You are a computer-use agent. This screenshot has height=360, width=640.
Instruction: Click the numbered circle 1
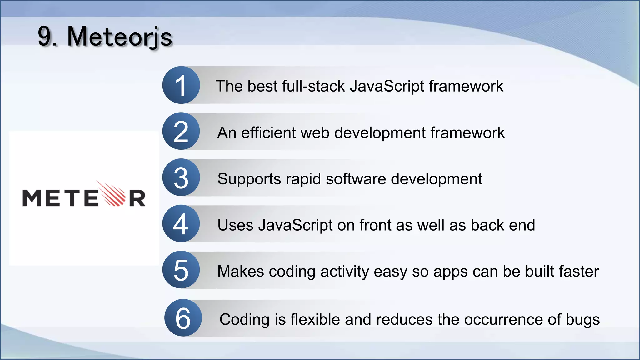pyautogui.click(x=181, y=85)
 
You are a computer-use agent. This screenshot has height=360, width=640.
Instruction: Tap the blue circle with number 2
pyautogui.click(x=181, y=131)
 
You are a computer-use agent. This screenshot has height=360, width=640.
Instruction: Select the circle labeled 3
pyautogui.click(x=181, y=177)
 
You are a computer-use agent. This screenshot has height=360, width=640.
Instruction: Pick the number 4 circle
pyautogui.click(x=181, y=224)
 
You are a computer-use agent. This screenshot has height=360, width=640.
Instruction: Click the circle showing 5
pyautogui.click(x=181, y=270)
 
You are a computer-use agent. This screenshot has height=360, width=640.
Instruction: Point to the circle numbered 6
pyautogui.click(x=183, y=318)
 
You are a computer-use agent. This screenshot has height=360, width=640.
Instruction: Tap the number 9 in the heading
pyautogui.click(x=45, y=37)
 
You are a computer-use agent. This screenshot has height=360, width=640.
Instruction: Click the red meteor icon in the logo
pyautogui.click(x=112, y=194)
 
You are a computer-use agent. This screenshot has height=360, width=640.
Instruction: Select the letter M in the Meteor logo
pyautogui.click(x=32, y=198)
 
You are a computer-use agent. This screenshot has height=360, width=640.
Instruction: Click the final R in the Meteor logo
pyautogui.click(x=137, y=198)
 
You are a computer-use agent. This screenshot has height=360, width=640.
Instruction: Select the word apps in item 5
pyautogui.click(x=450, y=272)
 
